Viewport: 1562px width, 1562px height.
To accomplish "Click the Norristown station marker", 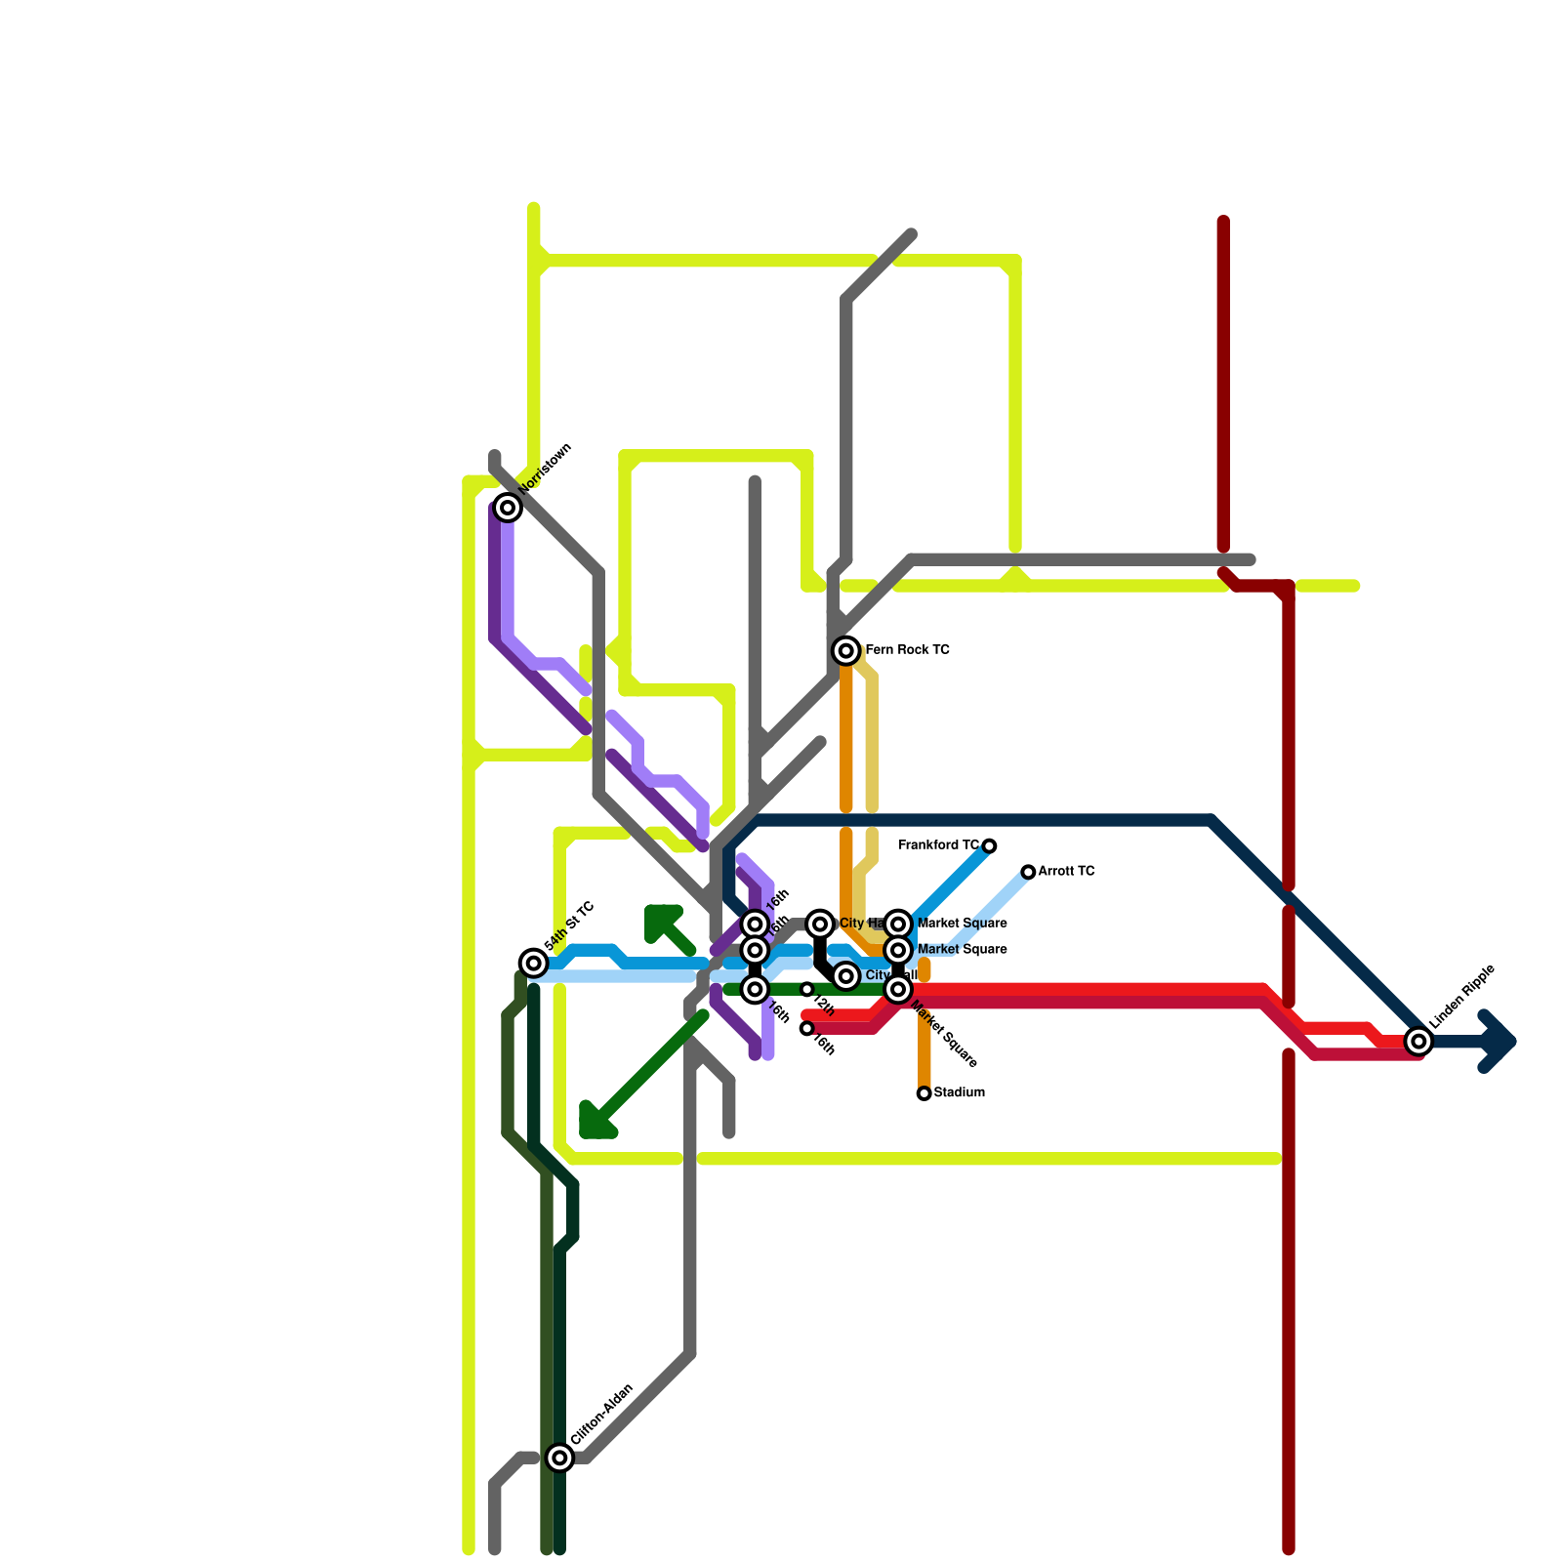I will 507,507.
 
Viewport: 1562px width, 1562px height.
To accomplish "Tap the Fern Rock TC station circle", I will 846,650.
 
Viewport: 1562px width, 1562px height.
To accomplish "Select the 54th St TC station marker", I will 533,963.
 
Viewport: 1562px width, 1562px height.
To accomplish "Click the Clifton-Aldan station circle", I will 559,1458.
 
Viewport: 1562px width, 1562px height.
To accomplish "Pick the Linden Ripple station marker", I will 1419,1042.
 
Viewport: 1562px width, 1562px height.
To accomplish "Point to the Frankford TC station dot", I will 989,845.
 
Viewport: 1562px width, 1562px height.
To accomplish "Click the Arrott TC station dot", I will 1028,872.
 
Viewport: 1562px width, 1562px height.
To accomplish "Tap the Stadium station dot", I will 924,1093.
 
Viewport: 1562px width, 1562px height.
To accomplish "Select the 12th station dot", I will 806,990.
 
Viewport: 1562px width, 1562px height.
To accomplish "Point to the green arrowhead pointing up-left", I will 660,920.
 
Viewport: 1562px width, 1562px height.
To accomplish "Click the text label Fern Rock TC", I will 907,650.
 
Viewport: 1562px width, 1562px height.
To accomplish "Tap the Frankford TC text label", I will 938,845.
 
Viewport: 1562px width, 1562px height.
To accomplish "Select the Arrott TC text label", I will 1066,871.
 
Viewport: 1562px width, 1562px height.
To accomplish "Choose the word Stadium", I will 959,1092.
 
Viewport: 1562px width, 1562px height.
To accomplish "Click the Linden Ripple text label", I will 1462,996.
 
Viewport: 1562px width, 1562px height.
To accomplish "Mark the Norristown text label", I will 545,468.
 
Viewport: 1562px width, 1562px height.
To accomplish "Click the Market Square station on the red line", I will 898,990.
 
